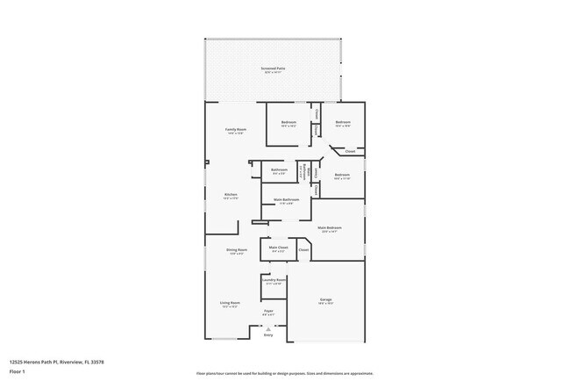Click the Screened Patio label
coord(274,68)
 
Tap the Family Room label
coord(235,129)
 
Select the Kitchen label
coord(231,194)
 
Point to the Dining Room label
coord(237,249)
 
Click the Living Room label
coord(230,303)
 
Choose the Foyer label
coord(269,311)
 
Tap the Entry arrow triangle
coord(269,329)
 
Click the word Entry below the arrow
coord(269,335)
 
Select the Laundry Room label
coord(274,280)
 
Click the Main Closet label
coord(278,248)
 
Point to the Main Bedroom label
coord(330,227)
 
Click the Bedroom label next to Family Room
coord(289,122)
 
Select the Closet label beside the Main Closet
coord(303,250)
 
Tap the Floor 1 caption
coord(18,372)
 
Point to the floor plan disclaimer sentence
coord(284,373)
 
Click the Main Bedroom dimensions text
coord(330,232)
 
